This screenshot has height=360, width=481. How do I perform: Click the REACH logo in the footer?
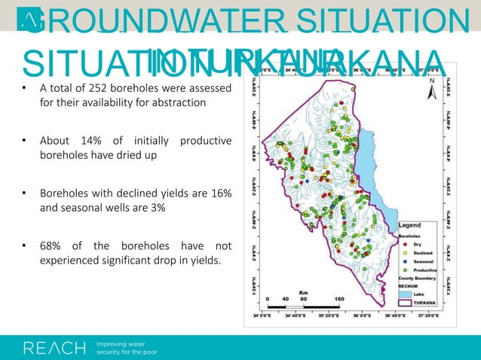coord(54,347)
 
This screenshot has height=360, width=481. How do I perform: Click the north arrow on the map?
coord(431,91)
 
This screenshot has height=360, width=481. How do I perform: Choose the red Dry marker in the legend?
coord(403,243)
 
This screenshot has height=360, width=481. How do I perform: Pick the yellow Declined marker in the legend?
coord(403,252)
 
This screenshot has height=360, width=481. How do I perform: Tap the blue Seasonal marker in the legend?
coord(403,261)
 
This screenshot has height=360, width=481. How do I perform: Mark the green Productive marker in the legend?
coord(403,270)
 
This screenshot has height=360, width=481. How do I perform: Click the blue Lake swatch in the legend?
coord(406,294)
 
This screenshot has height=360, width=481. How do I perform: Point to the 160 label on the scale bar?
coord(341,299)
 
